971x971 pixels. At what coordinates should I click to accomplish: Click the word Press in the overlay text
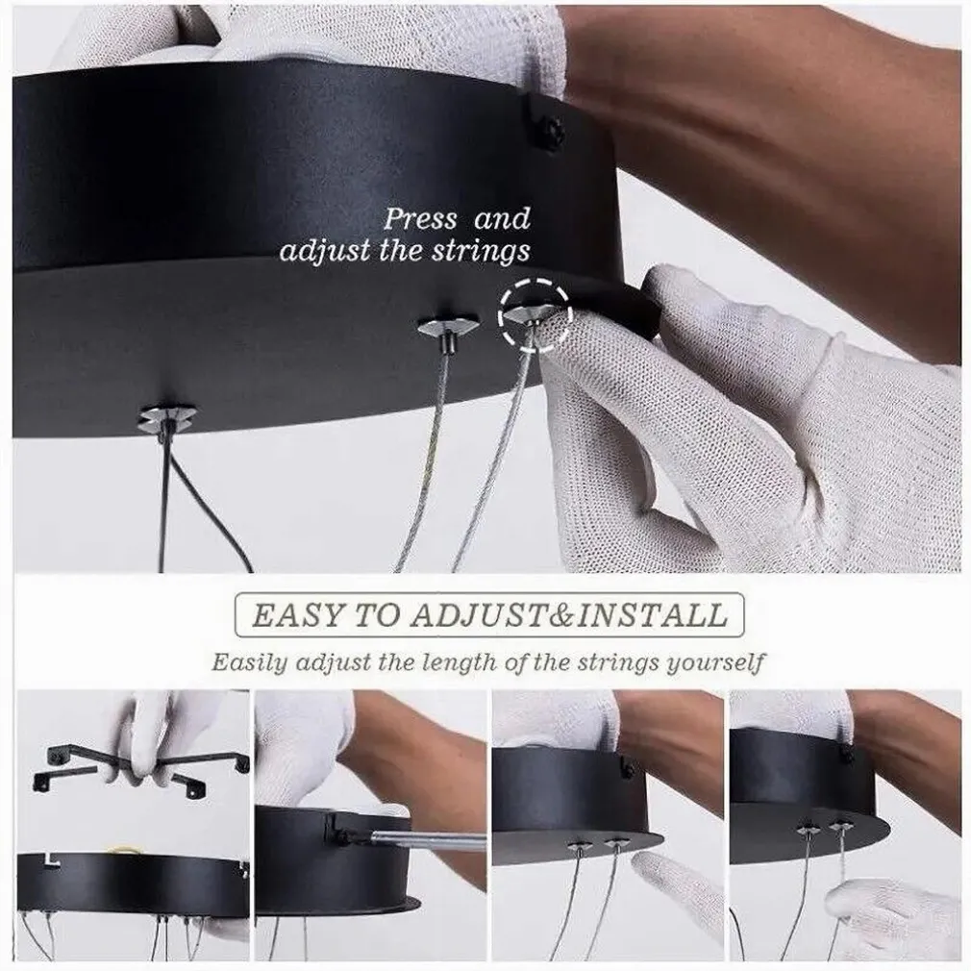click(421, 219)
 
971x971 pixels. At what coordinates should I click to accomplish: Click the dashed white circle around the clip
click(534, 314)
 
